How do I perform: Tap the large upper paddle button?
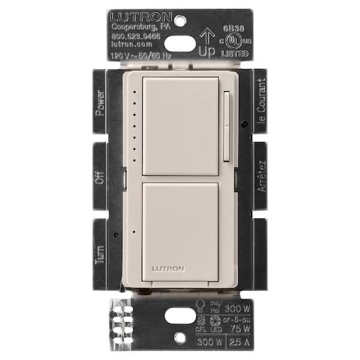tap(179, 126)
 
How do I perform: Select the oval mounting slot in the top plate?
tap(179, 43)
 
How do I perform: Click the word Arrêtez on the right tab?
tap(261, 175)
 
